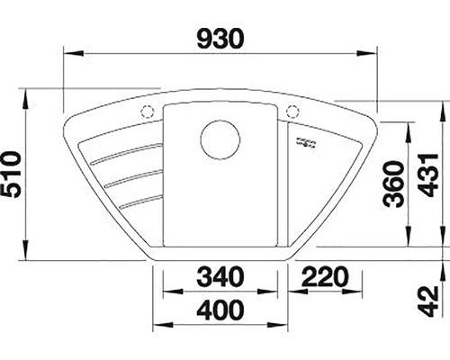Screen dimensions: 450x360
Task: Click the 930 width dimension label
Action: (220, 39)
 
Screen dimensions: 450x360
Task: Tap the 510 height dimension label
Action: (11, 175)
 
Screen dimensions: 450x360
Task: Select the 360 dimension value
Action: (394, 184)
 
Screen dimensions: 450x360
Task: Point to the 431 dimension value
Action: (428, 175)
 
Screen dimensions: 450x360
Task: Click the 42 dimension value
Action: (428, 301)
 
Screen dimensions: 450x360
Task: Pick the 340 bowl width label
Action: (220, 276)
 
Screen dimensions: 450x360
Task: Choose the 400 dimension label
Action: (220, 310)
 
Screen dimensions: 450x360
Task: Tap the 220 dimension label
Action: (326, 276)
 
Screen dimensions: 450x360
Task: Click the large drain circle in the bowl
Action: (220, 139)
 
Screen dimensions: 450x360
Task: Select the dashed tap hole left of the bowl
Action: (148, 112)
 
